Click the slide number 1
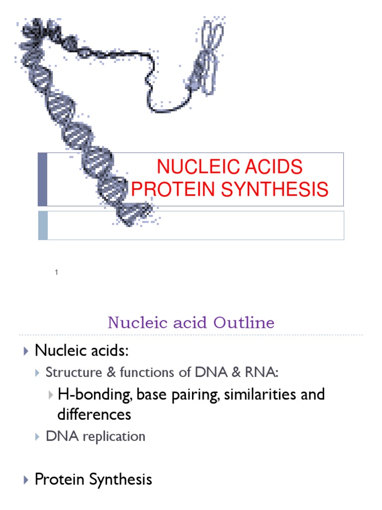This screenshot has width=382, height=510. click(x=57, y=272)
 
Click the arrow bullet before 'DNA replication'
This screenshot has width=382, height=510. click(x=38, y=437)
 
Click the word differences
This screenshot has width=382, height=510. click(x=95, y=414)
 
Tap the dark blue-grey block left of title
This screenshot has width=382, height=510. click(x=43, y=179)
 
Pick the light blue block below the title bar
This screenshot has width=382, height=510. click(x=43, y=225)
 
